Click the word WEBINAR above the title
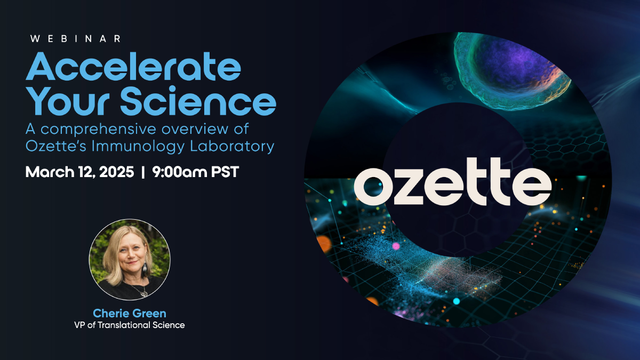click(x=75, y=39)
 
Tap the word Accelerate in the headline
click(x=133, y=67)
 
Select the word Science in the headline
click(x=198, y=101)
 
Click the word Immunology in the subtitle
click(x=138, y=147)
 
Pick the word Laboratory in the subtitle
click(x=232, y=147)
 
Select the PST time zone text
click(x=225, y=172)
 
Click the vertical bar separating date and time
click(x=143, y=172)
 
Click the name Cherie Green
click(x=130, y=314)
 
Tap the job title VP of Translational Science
click(x=130, y=325)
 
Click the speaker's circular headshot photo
click(x=130, y=260)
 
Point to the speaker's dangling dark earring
click(x=145, y=268)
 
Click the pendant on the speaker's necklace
click(x=143, y=292)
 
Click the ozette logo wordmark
click(x=453, y=181)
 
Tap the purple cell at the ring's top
click(x=511, y=70)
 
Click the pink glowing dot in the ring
click(x=396, y=246)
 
